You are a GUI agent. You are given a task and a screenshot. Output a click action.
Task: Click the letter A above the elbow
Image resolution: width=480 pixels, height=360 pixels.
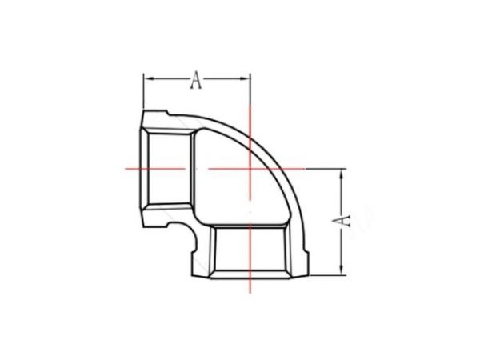pos(195,78)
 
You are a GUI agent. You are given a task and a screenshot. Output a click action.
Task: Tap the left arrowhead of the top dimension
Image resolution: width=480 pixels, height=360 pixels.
pos(147,78)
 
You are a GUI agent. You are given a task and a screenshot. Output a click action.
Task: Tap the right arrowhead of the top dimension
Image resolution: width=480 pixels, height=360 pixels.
pos(247,78)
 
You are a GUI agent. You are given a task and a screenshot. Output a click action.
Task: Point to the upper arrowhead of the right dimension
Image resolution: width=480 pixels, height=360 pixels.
pos(342,173)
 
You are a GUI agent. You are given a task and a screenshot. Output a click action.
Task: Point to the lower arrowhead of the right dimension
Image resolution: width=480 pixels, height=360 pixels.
pos(342,270)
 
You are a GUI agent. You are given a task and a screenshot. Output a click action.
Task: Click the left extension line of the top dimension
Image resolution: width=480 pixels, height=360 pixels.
pos(144,92)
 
